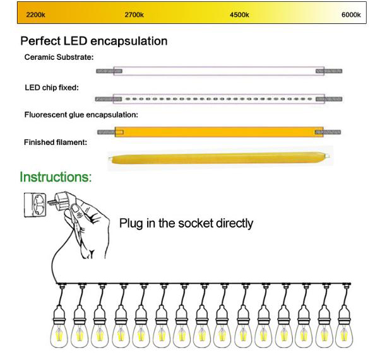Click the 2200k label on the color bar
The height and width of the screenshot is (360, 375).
tap(35, 15)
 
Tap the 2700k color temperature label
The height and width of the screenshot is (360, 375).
tap(134, 15)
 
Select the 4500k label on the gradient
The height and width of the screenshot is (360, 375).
tap(239, 15)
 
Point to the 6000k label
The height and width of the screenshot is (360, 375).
tap(351, 15)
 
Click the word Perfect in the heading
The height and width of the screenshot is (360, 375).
tap(40, 41)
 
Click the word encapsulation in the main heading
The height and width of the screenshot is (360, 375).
tap(129, 42)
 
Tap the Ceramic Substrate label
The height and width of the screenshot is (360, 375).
tap(59, 57)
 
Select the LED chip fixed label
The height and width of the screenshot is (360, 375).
tap(52, 88)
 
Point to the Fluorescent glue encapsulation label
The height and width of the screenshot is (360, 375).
tap(81, 115)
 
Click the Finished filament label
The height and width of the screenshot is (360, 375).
tap(56, 142)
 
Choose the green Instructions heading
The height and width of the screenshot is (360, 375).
tap(56, 177)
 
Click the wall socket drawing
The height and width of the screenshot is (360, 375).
tap(35, 205)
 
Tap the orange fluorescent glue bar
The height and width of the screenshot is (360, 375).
tap(219, 132)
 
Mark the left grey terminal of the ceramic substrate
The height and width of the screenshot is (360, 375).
tap(109, 71)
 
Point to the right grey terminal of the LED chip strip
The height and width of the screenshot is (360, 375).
tap(329, 99)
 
